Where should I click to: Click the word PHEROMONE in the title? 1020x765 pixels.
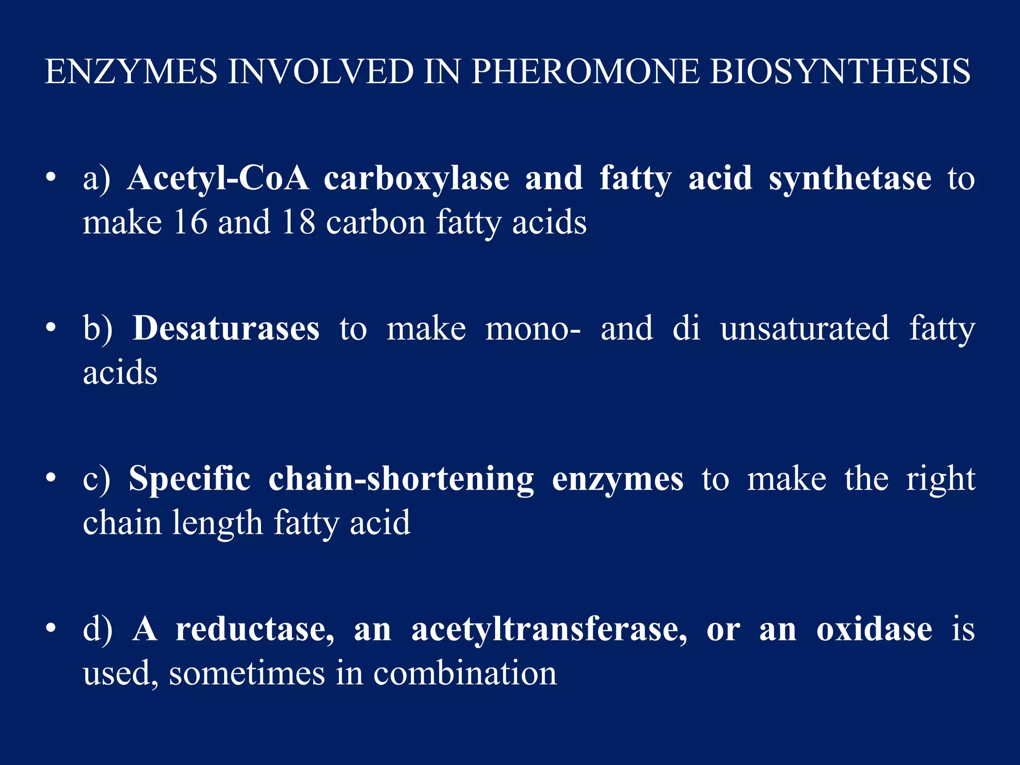point(586,71)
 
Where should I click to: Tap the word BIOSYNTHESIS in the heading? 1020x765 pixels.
point(840,71)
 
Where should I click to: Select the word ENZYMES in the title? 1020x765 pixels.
point(131,71)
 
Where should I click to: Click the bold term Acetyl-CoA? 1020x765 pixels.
point(218,178)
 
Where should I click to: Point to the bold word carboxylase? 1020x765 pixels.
point(416,179)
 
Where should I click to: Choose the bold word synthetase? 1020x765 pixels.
point(850,179)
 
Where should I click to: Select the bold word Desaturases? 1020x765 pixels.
point(226,328)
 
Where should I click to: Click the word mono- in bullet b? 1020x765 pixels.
point(533,329)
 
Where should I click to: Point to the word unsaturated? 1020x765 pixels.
point(804,328)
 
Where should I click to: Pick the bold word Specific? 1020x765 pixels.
point(190,480)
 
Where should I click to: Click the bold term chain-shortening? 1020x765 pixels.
point(401,480)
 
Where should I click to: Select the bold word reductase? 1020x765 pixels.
point(255,630)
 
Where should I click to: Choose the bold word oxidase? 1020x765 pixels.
point(874,630)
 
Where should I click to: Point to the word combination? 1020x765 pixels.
point(465,673)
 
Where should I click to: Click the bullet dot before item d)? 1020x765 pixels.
point(50,629)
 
